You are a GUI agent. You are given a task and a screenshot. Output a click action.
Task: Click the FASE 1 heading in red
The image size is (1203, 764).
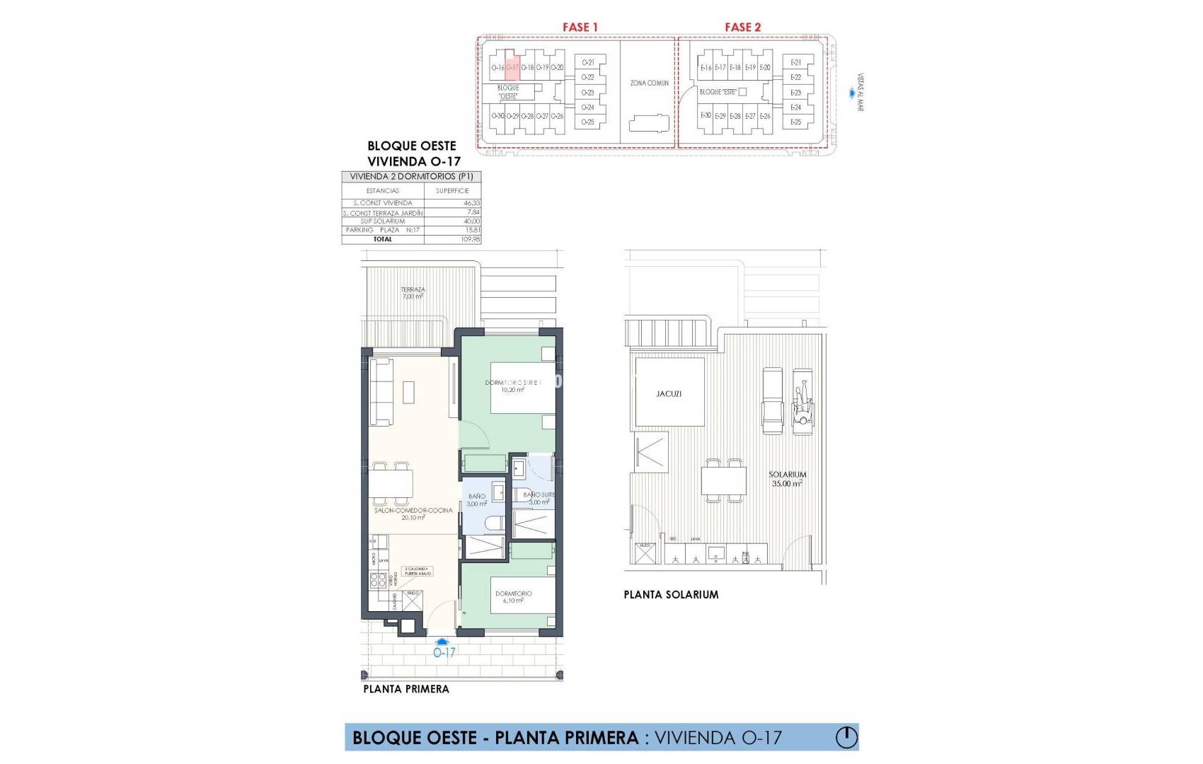pos(580,27)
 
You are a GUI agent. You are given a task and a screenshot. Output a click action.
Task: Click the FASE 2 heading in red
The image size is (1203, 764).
pos(742,27)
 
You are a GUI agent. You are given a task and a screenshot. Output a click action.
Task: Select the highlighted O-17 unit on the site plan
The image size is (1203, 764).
pos(513,67)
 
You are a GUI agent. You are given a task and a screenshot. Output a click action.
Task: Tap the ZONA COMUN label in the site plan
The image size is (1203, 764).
pos(649,83)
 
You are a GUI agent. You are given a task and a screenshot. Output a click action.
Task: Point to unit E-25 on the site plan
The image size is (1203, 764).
pos(795,122)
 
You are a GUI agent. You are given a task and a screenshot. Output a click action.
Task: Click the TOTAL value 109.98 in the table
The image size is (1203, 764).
pos(470,239)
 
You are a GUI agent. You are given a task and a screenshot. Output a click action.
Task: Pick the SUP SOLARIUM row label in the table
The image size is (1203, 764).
pos(383,221)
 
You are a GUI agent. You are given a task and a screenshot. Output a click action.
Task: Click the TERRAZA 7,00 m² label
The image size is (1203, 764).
pos(413,293)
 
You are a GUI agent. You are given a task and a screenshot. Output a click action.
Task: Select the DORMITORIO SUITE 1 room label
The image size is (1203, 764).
pos(514,386)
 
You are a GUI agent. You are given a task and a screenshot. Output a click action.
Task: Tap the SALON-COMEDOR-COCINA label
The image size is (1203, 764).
pos(413,514)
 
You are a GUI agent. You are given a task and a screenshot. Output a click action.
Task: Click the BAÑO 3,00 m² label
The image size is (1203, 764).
pos(477,500)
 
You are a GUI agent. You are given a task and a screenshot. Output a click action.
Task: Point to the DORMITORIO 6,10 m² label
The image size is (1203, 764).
pos(513,597)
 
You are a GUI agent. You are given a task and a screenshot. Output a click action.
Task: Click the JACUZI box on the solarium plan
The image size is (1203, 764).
pos(669,393)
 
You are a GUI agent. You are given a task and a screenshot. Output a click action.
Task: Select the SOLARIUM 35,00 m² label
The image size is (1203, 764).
pos(787,479)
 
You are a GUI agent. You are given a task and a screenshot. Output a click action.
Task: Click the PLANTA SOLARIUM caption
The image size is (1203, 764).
pos(671,595)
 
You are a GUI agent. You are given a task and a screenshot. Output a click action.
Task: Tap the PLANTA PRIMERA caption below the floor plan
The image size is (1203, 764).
pos(406,689)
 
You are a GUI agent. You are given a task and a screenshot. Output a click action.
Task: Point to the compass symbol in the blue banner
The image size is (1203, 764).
pos(846,737)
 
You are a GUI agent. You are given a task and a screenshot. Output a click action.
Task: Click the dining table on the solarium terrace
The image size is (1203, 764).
pos(724,481)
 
